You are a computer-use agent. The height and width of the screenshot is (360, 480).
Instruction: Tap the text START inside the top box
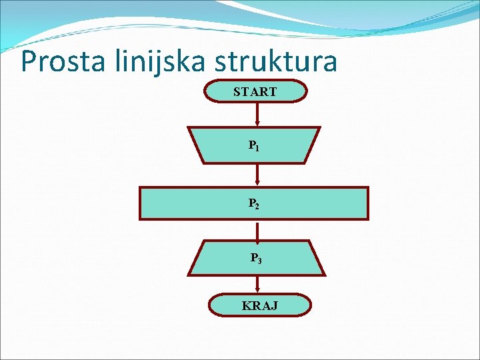pos(255,92)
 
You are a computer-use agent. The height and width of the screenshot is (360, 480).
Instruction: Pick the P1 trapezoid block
pos(220,145)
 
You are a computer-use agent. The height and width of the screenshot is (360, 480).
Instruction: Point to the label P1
pos(254,145)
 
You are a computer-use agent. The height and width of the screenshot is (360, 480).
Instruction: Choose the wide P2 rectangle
pos(187,203)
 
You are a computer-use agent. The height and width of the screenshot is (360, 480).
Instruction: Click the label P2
pos(254,203)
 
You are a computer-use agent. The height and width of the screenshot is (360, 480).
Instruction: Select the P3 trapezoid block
pos(220,258)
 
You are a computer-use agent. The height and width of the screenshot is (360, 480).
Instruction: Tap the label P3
pos(256,258)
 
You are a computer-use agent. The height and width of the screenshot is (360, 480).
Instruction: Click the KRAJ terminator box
pos(227,306)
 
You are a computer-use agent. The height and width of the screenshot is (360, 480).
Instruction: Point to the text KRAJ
pos(261,306)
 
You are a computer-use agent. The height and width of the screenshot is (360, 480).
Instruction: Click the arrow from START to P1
pos(257,115)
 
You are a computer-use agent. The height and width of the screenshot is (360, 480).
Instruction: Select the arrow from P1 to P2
pos(257,175)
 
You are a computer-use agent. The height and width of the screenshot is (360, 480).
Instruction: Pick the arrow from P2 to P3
pos(257,230)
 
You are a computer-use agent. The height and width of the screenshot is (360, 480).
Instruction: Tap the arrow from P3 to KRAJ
pos(257,285)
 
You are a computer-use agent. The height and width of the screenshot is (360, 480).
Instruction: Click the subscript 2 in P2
pos(257,206)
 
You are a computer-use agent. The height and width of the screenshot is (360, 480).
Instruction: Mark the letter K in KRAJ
pos(247,306)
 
